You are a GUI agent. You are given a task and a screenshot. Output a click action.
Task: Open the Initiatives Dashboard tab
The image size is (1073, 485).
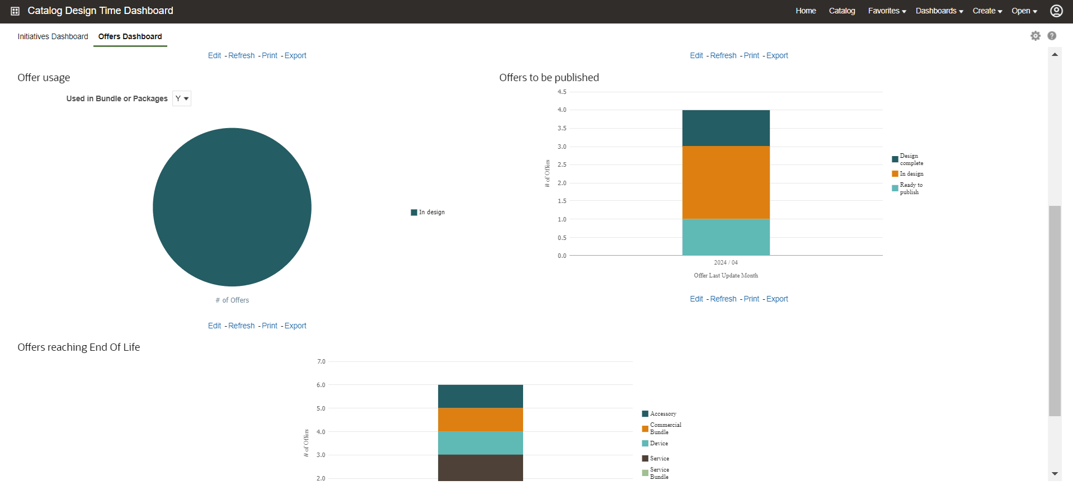pyautogui.click(x=53, y=36)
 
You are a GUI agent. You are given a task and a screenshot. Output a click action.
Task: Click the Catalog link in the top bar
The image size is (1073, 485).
pyautogui.click(x=841, y=11)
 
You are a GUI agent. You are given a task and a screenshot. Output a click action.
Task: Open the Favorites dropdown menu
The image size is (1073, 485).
pyautogui.click(x=887, y=11)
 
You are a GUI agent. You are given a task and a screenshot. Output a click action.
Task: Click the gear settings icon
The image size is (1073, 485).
pyautogui.click(x=1036, y=36)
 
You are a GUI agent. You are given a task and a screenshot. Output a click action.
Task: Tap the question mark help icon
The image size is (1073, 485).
pyautogui.click(x=1052, y=36)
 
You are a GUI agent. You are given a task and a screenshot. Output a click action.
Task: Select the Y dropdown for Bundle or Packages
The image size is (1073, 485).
pyautogui.click(x=182, y=98)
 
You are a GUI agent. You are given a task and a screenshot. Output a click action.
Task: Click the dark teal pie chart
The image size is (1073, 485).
pyautogui.click(x=232, y=207)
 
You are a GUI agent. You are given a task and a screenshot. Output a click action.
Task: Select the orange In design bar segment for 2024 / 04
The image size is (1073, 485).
pyautogui.click(x=726, y=182)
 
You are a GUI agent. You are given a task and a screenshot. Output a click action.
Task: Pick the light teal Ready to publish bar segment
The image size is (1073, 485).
pyautogui.click(x=726, y=237)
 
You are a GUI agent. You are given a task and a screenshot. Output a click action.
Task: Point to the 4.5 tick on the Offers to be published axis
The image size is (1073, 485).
pyautogui.click(x=562, y=92)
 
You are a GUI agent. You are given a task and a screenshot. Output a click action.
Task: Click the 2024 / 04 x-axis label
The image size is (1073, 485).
pyautogui.click(x=726, y=262)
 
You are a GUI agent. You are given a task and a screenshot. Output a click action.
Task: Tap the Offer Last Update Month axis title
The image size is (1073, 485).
pyautogui.click(x=726, y=275)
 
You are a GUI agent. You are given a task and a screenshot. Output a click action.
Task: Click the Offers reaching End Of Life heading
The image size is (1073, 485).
pyautogui.click(x=79, y=347)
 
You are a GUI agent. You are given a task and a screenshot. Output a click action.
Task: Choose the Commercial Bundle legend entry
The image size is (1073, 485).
pyautogui.click(x=665, y=429)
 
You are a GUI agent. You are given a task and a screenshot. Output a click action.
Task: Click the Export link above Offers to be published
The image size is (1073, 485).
pyautogui.click(x=777, y=55)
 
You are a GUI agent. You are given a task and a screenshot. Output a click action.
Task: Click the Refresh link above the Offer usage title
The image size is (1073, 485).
pyautogui.click(x=241, y=55)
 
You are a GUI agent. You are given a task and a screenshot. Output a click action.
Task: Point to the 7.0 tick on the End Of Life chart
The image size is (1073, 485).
pyautogui.click(x=321, y=361)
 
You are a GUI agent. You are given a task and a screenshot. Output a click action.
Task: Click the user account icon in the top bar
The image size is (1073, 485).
pyautogui.click(x=1056, y=11)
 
